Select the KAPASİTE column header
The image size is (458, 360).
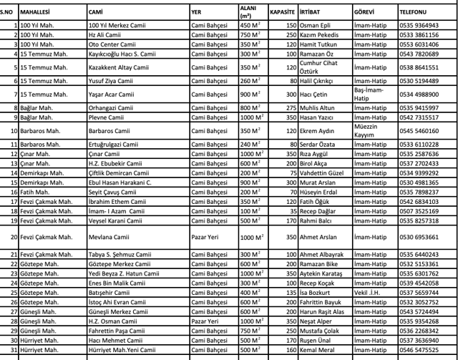click(282, 12)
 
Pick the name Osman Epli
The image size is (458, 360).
click(316, 24)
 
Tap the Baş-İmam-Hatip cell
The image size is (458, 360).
click(369, 94)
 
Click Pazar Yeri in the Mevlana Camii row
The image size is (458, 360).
click(206, 236)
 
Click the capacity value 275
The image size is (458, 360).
click(291, 108)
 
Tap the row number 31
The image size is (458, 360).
click(12, 349)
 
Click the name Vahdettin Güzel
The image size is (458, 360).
click(324, 172)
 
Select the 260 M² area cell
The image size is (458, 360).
click(250, 81)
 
